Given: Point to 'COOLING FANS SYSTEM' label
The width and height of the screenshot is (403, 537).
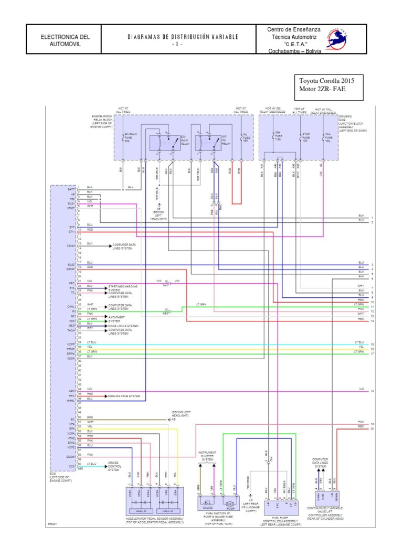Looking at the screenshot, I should pyautogui.click(x=124, y=396).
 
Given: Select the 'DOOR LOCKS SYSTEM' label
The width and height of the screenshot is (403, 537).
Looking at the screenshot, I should pyautogui.click(x=123, y=326).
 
